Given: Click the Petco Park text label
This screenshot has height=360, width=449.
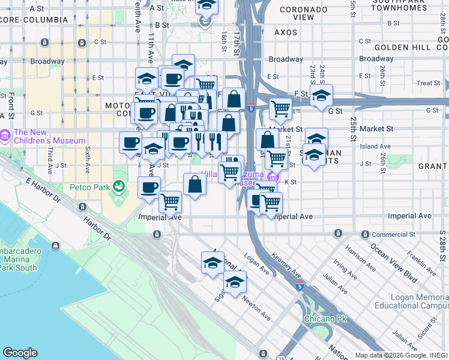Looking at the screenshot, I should coord(93,187).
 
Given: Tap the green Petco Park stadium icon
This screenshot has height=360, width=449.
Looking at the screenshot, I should coord(120,187).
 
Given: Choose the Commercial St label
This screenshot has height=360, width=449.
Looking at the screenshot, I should coord(394,234).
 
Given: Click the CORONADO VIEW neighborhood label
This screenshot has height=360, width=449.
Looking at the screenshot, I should coord(304,14).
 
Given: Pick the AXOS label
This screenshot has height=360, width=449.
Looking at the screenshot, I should coord(286,32).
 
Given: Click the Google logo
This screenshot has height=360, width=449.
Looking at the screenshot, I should coord(20,353).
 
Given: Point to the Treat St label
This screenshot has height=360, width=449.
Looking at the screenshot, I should coord(428,83).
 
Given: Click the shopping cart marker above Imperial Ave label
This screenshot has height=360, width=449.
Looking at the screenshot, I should coord(170,202).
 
